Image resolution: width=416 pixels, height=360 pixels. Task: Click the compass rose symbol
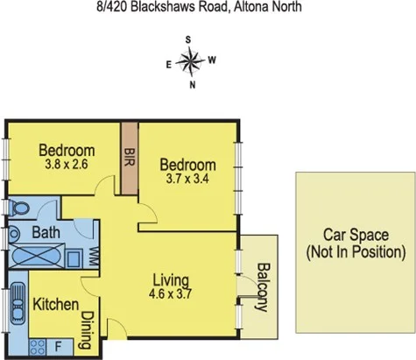[x=191, y=60]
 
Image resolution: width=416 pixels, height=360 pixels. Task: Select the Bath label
[x=46, y=234]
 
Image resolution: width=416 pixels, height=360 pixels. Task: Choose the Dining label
[x=87, y=329]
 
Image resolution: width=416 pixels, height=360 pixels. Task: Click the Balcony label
[x=261, y=286]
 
